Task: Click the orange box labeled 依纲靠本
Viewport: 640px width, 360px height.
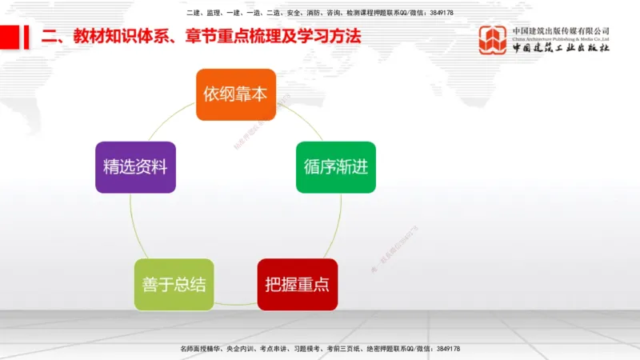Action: point(235,94)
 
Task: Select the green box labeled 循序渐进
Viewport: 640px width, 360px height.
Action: point(335,167)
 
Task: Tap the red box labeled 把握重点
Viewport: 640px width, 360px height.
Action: point(297,284)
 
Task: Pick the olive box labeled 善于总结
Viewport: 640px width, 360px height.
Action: point(174,284)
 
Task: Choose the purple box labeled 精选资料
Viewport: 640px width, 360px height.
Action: point(135,167)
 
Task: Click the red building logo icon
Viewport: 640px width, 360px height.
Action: point(493,39)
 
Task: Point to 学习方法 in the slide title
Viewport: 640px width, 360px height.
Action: point(330,37)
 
